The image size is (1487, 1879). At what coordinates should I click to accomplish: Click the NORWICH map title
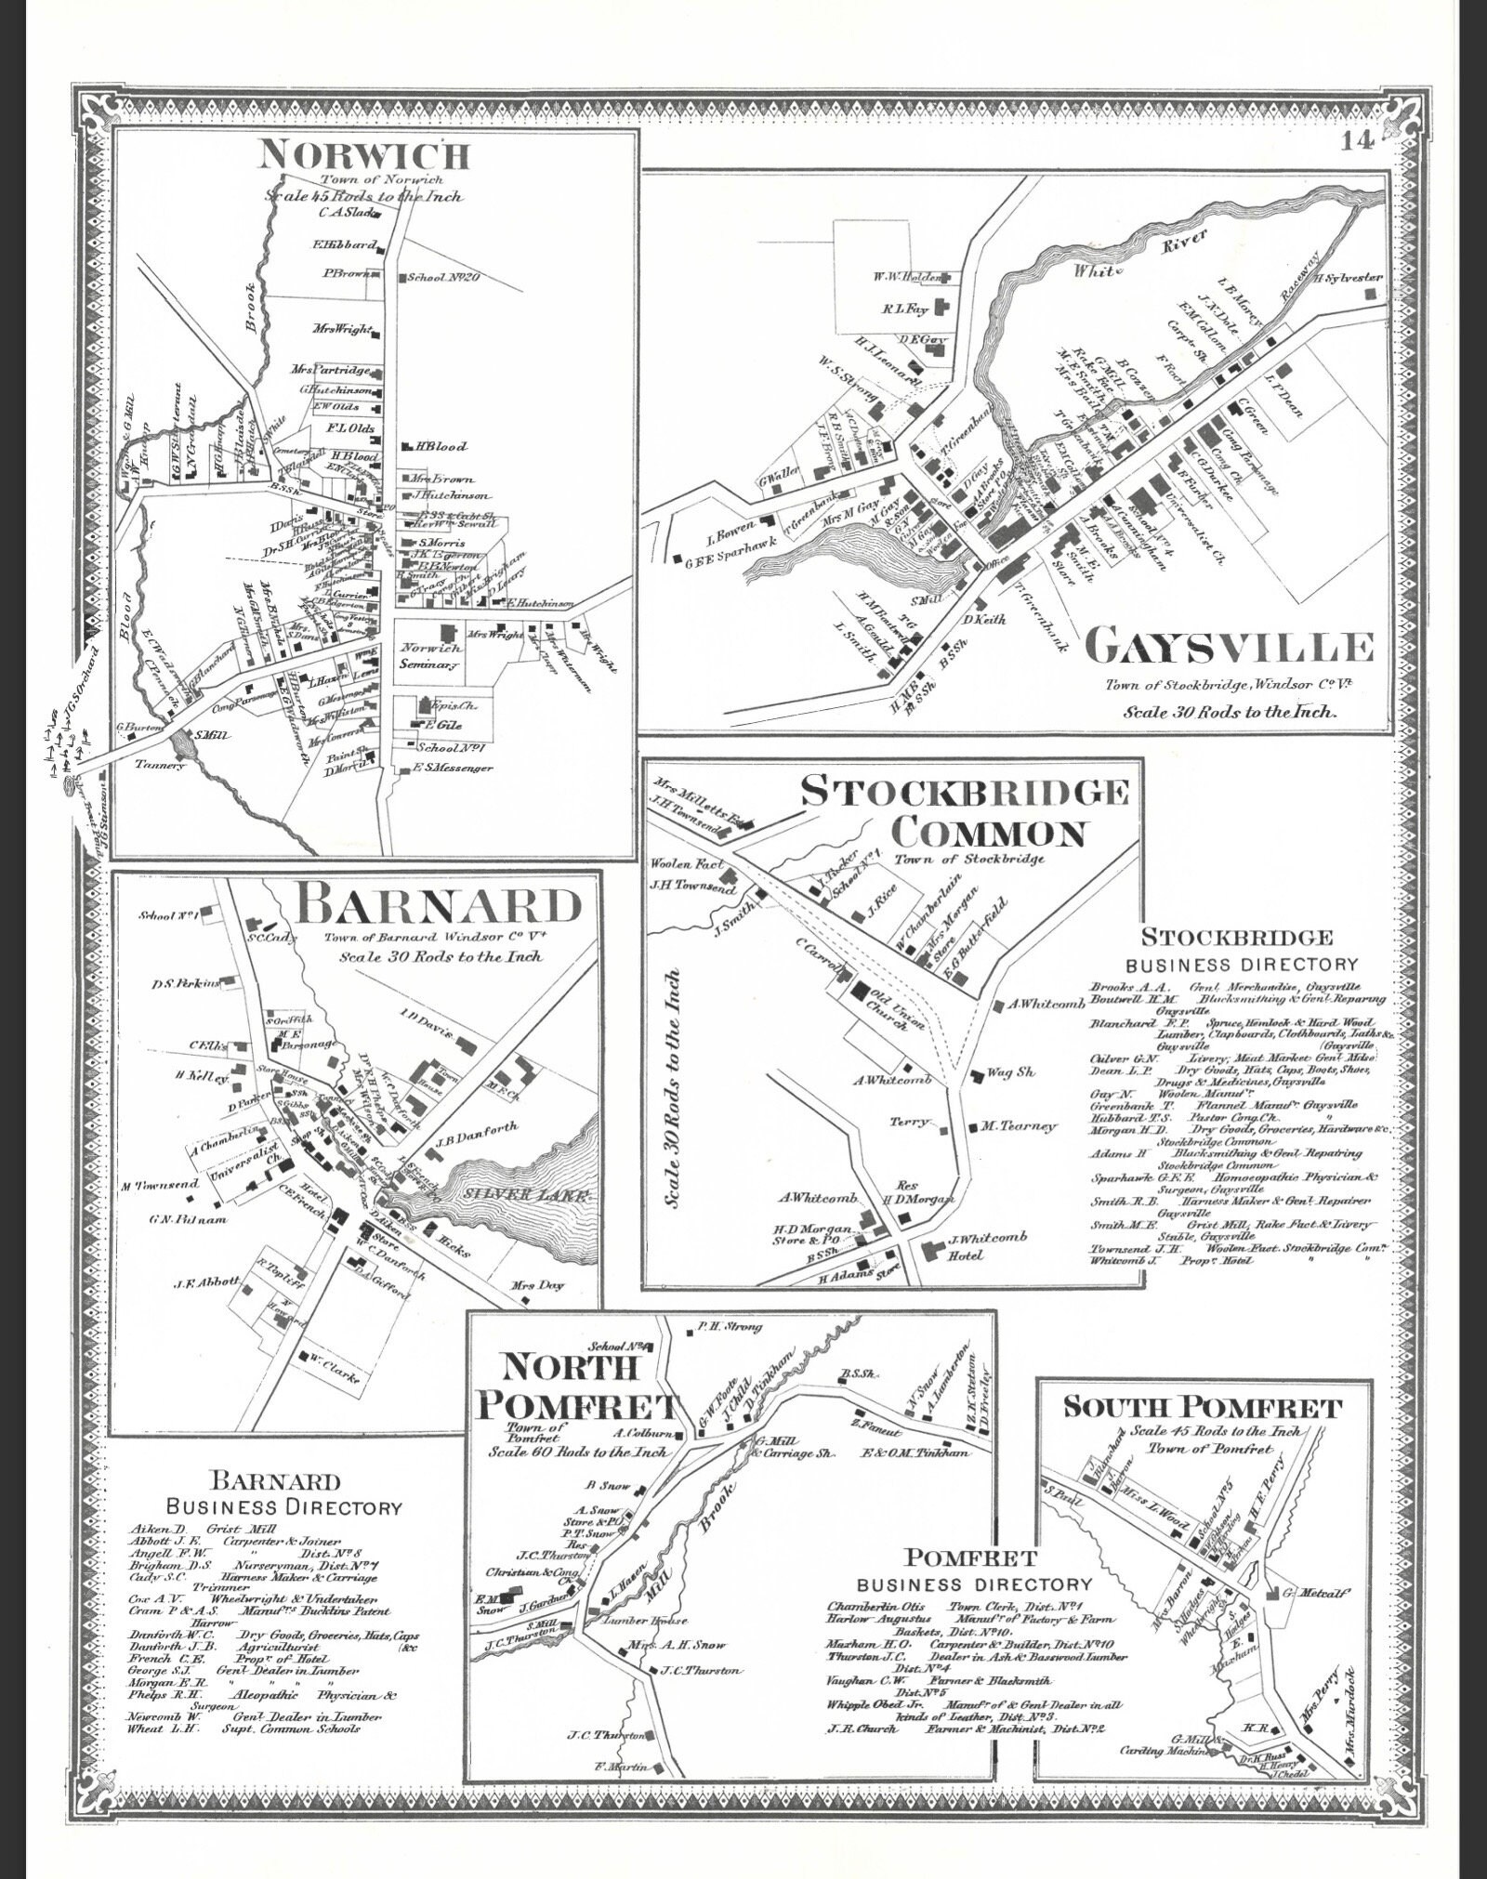364,153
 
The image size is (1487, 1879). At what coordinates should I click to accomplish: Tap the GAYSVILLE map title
1229,646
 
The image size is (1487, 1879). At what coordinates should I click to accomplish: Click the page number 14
1358,141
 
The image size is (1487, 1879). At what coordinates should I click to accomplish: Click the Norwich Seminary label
429,656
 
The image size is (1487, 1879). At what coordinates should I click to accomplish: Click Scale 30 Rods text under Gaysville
1230,713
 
